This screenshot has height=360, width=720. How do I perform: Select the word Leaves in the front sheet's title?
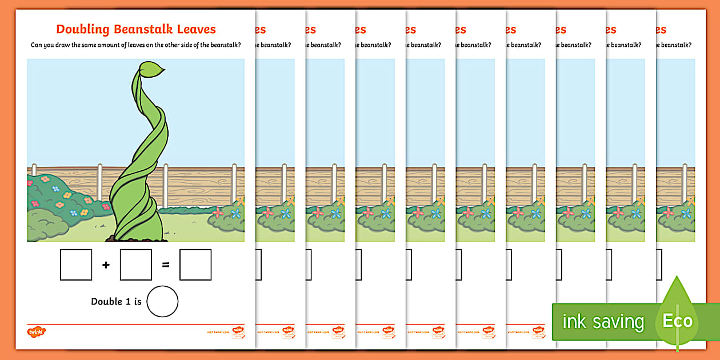[195, 29]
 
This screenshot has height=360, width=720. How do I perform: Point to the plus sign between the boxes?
[106, 265]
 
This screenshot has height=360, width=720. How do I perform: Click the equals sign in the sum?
[166, 265]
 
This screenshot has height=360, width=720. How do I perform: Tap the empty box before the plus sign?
[75, 265]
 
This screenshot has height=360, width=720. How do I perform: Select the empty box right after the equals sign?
[195, 265]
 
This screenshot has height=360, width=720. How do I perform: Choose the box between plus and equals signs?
[135, 265]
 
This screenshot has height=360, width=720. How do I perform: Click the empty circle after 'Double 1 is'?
[162, 301]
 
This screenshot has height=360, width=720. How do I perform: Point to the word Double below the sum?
[106, 301]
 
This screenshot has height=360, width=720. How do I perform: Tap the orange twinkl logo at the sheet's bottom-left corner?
[36, 331]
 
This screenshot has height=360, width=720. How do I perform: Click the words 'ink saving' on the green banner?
[602, 322]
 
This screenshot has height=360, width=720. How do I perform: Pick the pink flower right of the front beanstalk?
[217, 214]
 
